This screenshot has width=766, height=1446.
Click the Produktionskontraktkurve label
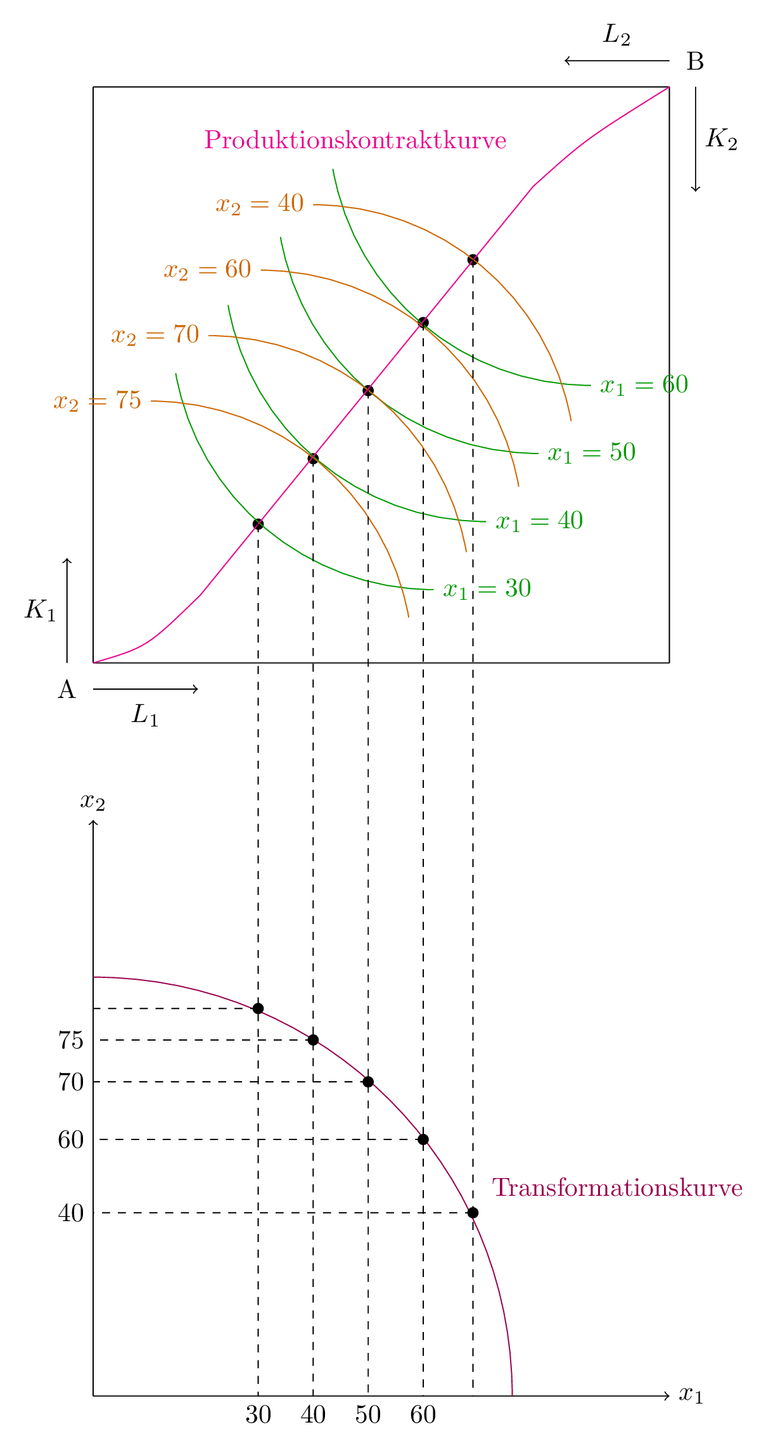coord(355,140)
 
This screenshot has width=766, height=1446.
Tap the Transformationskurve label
coord(617,1188)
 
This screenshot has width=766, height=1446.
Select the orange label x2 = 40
coord(260,204)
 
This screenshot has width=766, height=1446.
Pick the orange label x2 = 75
coord(98,401)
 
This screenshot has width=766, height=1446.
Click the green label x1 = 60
coord(644,384)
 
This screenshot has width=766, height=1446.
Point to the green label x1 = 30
coord(487,589)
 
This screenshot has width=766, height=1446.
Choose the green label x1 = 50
coord(591,453)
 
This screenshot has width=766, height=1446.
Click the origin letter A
coord(67,689)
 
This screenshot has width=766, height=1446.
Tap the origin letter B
coord(695,61)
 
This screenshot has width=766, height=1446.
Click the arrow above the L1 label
coord(146,689)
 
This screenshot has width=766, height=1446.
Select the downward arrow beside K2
coord(695,139)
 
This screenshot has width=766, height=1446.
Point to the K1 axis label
coord(41,609)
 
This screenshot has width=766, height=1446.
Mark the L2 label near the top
coord(616,35)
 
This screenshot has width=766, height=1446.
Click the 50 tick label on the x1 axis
coord(368,1414)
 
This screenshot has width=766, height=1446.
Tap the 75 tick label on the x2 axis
coord(71,1040)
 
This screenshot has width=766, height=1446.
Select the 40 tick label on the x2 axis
coord(71,1213)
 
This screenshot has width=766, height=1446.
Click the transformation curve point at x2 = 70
coord(368,1082)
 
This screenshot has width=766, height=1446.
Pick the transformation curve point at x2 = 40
coord(473,1213)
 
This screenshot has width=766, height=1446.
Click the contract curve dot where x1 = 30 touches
coord(258,524)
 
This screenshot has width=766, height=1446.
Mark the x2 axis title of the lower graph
coord(93,802)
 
